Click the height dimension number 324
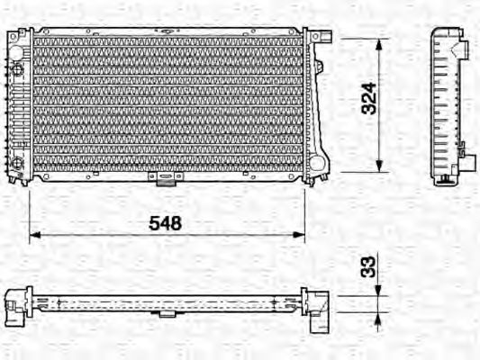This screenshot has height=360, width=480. pos(367,104)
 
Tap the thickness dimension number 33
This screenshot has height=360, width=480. pos(367,267)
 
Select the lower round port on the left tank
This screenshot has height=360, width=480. pos(16,163)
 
